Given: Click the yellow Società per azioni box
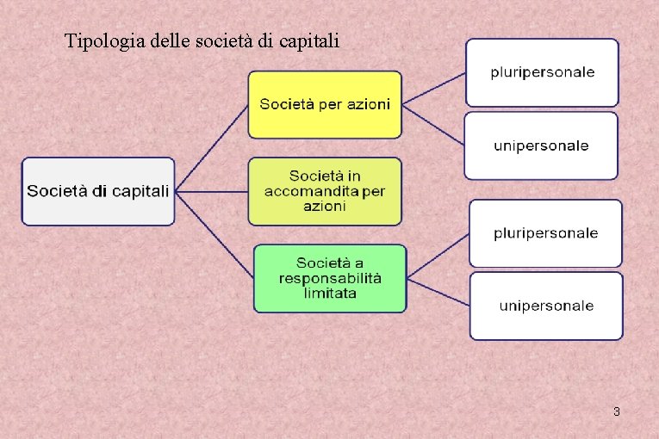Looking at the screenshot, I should pyautogui.click(x=325, y=104).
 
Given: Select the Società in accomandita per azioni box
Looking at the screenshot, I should pyautogui.click(x=325, y=191).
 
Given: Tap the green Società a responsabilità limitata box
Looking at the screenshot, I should pyautogui.click(x=330, y=278).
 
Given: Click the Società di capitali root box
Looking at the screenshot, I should pyautogui.click(x=98, y=191).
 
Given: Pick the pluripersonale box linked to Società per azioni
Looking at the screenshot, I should pyautogui.click(x=542, y=72).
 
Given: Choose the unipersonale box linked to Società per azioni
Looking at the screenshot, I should pyautogui.click(x=541, y=145).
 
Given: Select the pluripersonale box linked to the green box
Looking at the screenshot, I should pyautogui.click(x=545, y=233).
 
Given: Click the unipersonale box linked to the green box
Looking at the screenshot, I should pyautogui.click(x=545, y=306).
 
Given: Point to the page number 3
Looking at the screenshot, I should pyautogui.click(x=616, y=412).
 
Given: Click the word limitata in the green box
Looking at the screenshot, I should pyautogui.click(x=330, y=293).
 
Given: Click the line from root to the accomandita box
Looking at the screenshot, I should pyautogui.click(x=212, y=191).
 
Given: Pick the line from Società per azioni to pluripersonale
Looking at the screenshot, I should pyautogui.click(x=434, y=88).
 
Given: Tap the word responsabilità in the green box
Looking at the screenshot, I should pyautogui.click(x=330, y=278).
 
